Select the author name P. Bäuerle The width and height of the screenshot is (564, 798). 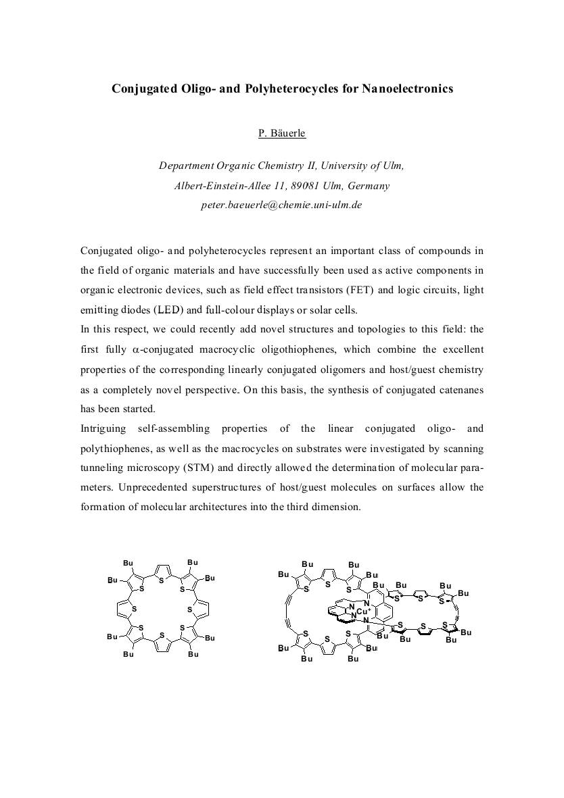click(x=282, y=133)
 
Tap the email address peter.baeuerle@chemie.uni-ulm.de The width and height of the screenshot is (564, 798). click(x=281, y=204)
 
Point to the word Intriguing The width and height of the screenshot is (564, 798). click(x=103, y=428)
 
